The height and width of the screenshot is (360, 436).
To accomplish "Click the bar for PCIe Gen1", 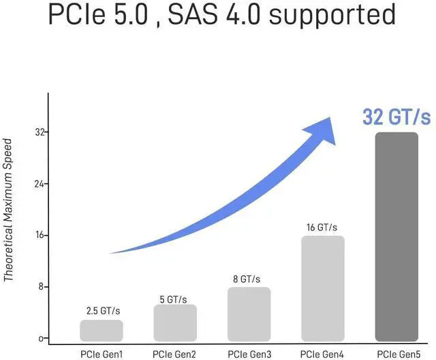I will click(102, 330).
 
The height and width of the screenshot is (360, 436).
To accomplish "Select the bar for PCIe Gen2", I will click(175, 322).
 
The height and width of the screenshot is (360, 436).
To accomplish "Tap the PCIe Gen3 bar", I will click(249, 314).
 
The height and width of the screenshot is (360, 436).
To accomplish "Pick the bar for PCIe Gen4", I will click(322, 288).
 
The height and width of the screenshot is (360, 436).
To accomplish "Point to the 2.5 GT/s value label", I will click(102, 311).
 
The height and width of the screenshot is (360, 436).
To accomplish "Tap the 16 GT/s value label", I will click(322, 227).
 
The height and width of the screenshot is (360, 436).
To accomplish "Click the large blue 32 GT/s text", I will click(396, 117).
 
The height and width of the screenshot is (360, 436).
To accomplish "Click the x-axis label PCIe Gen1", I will click(102, 353).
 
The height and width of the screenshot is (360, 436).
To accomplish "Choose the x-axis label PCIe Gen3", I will click(249, 353).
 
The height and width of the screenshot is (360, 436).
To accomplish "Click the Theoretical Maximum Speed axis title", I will click(8, 210).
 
